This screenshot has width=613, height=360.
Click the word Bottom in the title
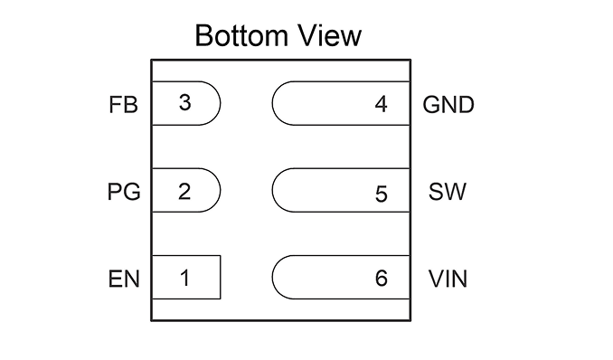click(x=241, y=35)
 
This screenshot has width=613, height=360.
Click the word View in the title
click(x=329, y=35)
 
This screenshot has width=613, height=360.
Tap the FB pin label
click(x=123, y=105)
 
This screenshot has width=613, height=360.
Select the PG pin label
click(x=124, y=192)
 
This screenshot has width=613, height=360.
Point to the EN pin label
click(x=124, y=279)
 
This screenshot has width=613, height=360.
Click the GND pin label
click(x=448, y=105)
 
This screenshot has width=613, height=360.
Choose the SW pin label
click(x=448, y=192)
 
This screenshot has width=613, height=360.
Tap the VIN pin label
click(x=448, y=279)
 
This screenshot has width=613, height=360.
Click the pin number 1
click(x=185, y=279)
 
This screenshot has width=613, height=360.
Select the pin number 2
click(x=184, y=192)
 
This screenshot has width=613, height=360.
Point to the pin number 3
click(x=185, y=102)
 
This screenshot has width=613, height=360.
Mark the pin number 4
click(x=382, y=105)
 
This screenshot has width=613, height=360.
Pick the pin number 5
click(x=382, y=194)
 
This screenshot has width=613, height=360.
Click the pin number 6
click(x=382, y=279)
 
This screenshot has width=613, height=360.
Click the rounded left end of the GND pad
click(x=272, y=103)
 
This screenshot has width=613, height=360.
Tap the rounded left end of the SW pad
click(x=272, y=190)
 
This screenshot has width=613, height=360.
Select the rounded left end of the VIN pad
click(x=272, y=278)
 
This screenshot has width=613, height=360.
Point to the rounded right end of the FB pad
click(x=221, y=103)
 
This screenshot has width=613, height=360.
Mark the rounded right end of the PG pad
click(x=221, y=190)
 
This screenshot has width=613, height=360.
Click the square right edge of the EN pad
click(x=221, y=278)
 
